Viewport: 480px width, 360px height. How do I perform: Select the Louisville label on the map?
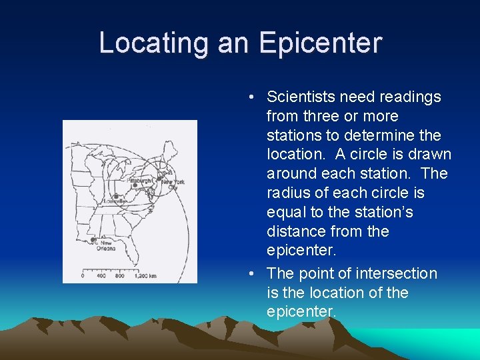(x=115, y=201)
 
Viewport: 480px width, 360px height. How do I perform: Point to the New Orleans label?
(x=107, y=246)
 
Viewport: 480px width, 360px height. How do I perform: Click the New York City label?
(x=172, y=184)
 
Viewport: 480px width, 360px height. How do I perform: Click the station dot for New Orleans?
(x=93, y=239)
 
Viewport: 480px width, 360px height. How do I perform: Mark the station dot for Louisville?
(x=116, y=196)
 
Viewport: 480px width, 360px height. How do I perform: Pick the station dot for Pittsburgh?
(x=135, y=185)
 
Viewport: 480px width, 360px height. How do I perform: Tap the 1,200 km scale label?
(x=145, y=275)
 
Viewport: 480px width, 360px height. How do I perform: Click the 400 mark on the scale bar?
(x=101, y=275)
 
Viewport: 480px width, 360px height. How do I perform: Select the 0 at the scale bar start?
(x=83, y=275)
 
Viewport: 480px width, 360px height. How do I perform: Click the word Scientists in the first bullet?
(x=300, y=97)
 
